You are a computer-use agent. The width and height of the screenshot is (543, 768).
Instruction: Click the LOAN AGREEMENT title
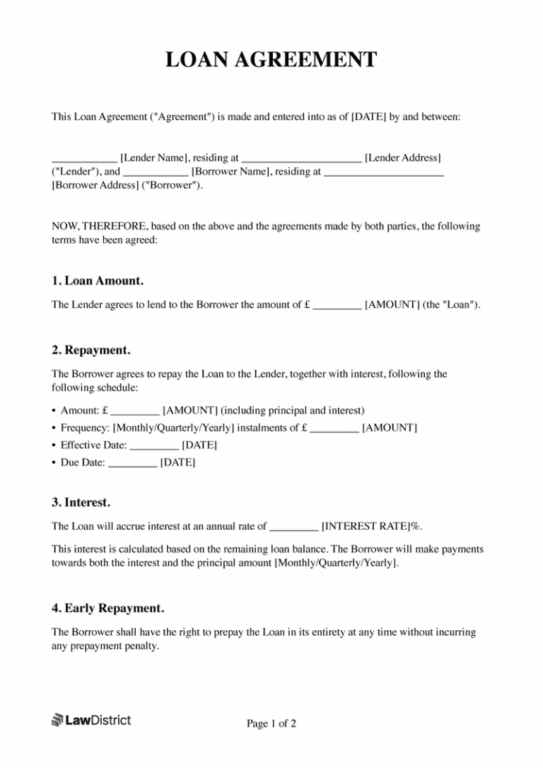tap(271, 60)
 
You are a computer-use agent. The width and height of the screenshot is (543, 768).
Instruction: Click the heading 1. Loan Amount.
tap(98, 280)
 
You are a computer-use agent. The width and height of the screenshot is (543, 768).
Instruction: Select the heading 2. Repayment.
tap(90, 350)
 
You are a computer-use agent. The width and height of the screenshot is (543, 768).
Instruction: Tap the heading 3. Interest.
tap(81, 502)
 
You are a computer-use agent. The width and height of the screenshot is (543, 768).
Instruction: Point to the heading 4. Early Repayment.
tap(107, 608)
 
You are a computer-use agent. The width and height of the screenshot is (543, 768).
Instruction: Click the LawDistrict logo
tap(91, 720)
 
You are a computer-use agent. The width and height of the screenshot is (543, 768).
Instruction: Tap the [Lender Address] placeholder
tap(403, 158)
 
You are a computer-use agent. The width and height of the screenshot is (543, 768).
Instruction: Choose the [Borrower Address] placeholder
tap(95, 184)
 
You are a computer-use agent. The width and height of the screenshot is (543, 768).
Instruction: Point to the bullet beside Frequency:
tap(54, 428)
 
